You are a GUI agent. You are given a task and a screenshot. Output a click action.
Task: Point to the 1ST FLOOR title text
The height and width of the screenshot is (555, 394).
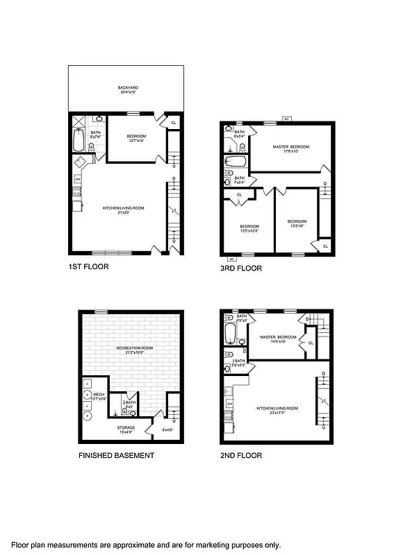tap(88, 266)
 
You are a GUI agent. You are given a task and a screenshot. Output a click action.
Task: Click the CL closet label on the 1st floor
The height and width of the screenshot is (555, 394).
tap(174, 123)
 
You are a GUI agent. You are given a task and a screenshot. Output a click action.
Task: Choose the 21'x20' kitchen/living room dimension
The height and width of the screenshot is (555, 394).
tap(113, 212)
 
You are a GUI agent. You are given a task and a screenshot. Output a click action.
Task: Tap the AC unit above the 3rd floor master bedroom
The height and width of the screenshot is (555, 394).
tap(286, 119)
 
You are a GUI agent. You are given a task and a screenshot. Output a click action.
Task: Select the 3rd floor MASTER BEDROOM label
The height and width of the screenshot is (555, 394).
tap(291, 146)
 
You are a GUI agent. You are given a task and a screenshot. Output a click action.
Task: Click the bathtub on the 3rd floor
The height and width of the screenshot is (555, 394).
tap(236, 162)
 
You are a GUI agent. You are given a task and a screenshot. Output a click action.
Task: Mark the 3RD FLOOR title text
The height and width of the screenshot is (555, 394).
tap(240, 268)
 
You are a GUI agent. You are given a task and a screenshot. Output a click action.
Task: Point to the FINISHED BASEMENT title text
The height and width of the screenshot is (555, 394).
tap(116, 456)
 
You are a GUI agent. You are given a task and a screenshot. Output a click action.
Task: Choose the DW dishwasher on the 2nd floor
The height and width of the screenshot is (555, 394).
tap(229, 403)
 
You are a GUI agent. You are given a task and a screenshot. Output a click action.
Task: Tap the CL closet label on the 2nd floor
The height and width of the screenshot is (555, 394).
tap(311, 343)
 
